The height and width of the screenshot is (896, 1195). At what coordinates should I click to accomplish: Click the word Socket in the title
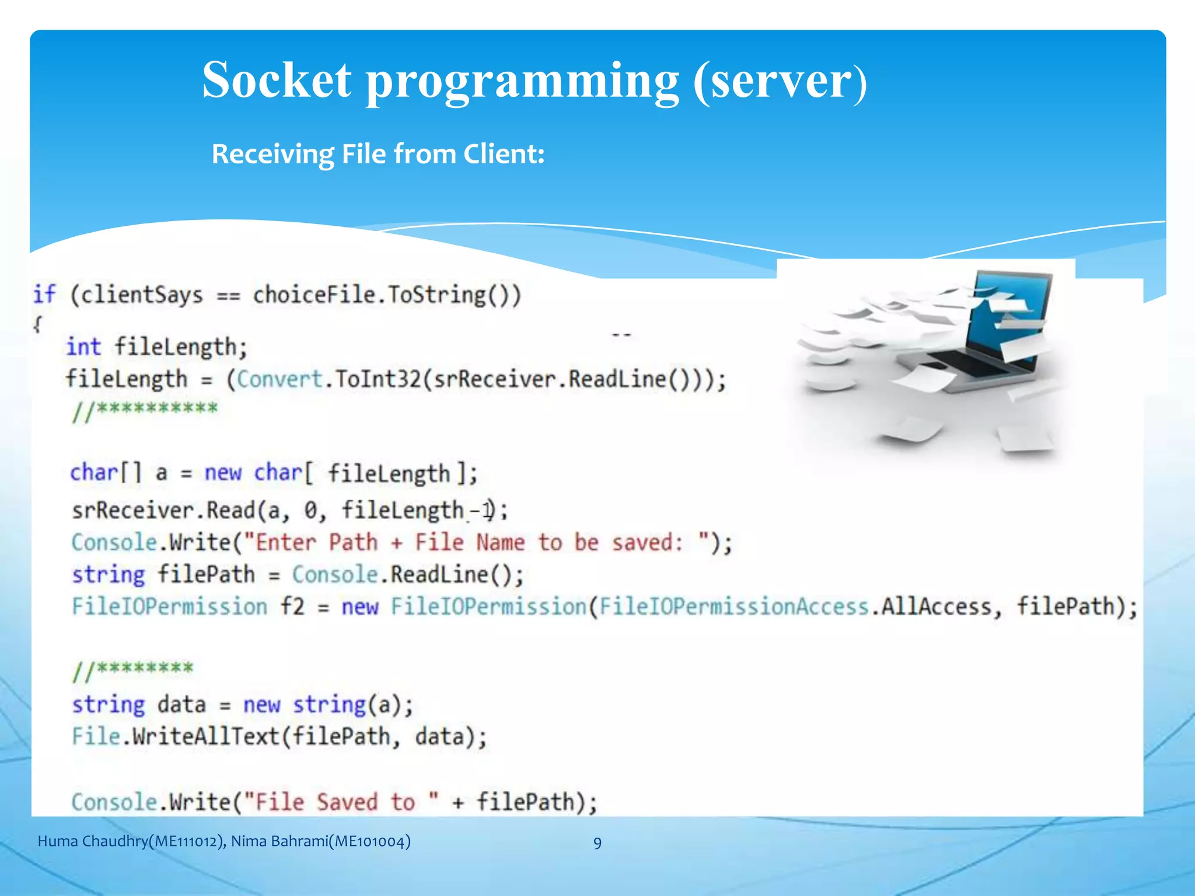point(277,80)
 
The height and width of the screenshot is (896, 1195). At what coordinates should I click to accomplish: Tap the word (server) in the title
point(780,82)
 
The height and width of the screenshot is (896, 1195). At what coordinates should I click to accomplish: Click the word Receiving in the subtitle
point(272,155)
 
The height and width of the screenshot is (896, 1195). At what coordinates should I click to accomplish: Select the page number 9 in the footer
point(597,843)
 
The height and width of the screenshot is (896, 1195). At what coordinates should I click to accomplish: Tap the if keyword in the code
point(44,294)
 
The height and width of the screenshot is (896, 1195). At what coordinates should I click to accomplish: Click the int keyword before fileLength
point(83,346)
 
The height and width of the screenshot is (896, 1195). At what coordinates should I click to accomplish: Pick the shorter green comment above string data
point(132,670)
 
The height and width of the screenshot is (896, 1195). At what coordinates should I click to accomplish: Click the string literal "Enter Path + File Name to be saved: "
point(477,542)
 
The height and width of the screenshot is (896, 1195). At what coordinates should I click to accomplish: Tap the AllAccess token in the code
point(936,607)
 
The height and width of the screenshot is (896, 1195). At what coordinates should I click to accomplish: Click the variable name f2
point(292,607)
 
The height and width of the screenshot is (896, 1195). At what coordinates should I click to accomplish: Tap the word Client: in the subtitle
point(504,155)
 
